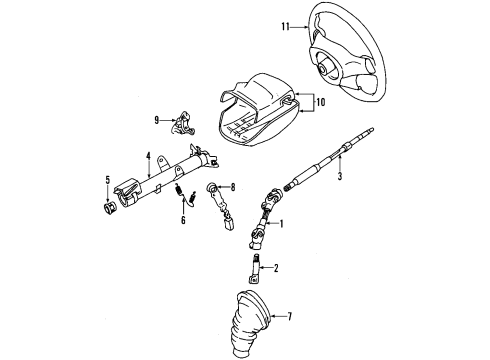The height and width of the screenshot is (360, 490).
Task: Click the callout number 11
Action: coord(285,27)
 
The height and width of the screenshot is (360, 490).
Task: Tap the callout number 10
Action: coord(321,102)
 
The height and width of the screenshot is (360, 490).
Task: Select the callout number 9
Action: coord(157,120)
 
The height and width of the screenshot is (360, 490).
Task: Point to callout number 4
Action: coord(148,156)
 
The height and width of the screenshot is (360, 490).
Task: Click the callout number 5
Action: coord(107,180)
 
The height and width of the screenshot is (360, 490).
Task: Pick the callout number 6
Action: coord(183,220)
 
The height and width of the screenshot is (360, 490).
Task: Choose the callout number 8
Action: coord(233,187)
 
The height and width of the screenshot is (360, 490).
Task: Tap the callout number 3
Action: coord(340,176)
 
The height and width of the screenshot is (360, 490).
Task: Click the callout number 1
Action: coord(281,224)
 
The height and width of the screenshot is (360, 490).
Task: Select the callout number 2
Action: coord(276,268)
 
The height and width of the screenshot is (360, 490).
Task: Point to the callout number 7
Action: coord(289,316)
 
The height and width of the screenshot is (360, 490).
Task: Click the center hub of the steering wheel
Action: coord(323,70)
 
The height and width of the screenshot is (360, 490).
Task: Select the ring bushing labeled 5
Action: coord(109,208)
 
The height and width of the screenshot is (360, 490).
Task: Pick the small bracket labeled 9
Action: coord(182,123)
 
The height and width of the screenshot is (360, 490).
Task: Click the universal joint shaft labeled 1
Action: coord(264,218)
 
